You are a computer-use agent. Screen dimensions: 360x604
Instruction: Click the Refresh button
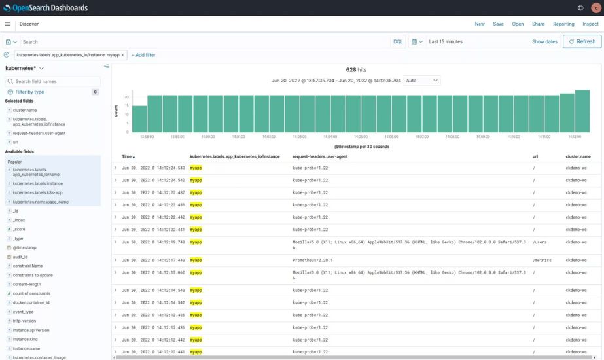tap(582, 41)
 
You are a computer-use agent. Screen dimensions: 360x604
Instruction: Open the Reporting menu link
tap(563, 24)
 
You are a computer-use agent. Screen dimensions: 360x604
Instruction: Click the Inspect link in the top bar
tap(590, 24)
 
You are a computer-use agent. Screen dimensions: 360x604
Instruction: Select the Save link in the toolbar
tap(498, 24)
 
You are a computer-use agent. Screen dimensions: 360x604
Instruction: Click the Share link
tap(538, 24)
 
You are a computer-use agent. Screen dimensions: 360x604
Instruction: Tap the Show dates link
tap(544, 41)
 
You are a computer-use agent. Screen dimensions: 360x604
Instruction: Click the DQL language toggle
tap(398, 41)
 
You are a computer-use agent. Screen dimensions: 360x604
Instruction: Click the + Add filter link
tap(143, 55)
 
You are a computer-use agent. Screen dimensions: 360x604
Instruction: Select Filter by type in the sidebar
tap(30, 92)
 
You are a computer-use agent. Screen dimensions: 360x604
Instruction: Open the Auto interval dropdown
tap(422, 81)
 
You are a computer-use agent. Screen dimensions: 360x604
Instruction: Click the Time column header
tap(127, 157)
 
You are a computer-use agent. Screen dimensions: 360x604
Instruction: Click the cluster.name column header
tap(578, 157)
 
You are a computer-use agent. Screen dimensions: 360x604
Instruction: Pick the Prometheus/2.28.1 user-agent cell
tap(312, 260)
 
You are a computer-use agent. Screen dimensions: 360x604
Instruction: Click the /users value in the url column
tap(540, 242)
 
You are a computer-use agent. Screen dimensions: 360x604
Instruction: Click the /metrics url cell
tap(542, 260)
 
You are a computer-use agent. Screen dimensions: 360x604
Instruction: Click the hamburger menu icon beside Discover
tap(8, 24)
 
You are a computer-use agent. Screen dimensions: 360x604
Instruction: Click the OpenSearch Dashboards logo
tap(45, 8)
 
